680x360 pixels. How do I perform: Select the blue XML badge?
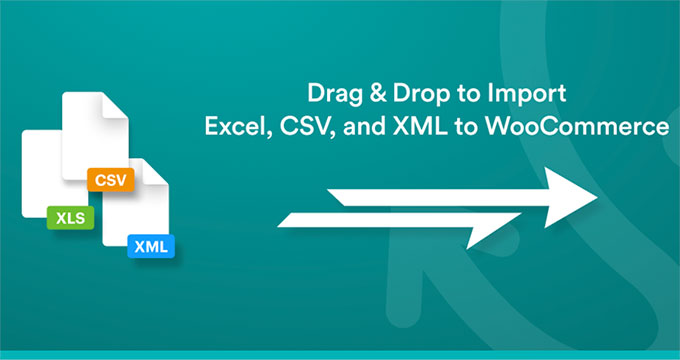coord(150,245)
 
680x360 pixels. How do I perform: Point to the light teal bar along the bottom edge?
coord(340,355)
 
